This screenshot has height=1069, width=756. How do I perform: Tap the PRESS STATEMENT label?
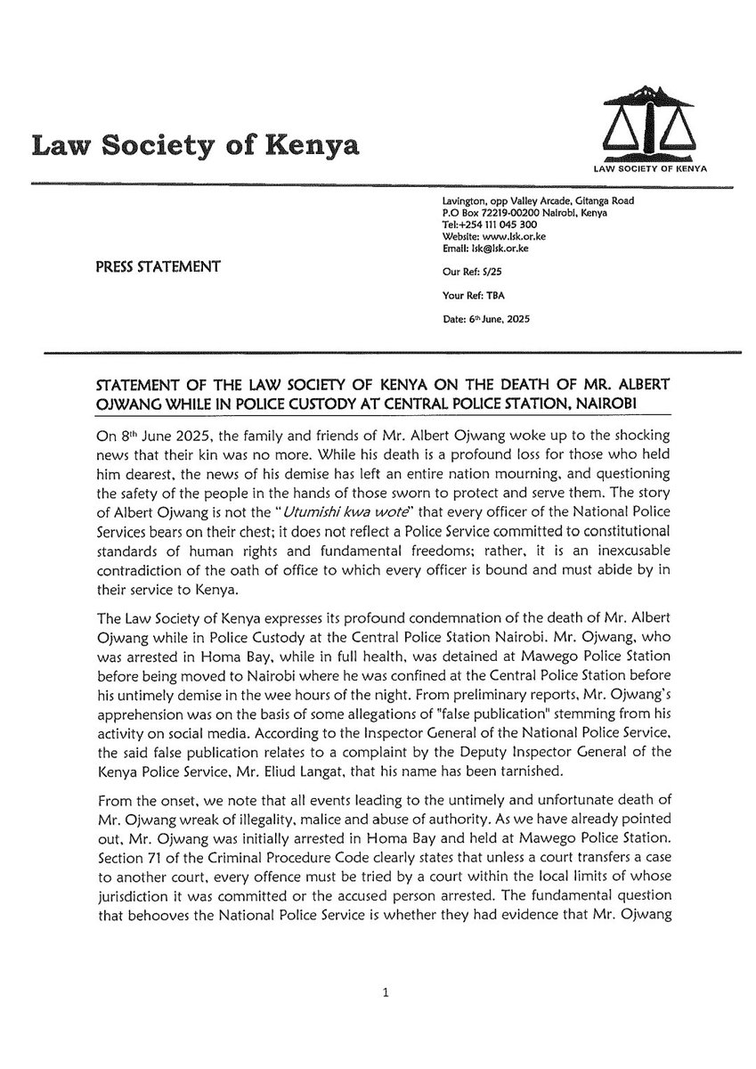coord(157,265)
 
